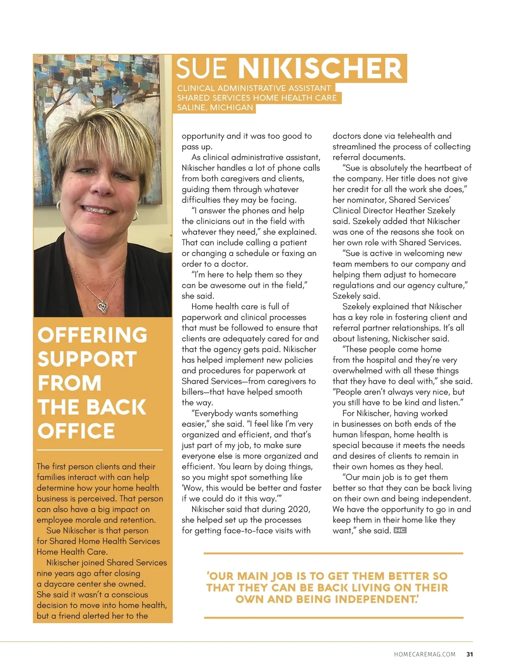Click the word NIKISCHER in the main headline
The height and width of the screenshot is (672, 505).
[x=320, y=69]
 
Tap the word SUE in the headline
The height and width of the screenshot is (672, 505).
[x=202, y=69]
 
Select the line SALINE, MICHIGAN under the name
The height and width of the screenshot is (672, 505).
[x=215, y=108]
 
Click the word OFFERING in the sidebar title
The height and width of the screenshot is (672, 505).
[x=93, y=335]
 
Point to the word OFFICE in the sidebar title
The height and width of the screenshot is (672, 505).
[x=76, y=431]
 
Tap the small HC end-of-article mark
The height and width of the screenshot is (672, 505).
[x=400, y=530]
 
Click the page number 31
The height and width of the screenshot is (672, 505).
[x=470, y=654]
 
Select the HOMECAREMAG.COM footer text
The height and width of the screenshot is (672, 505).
[x=425, y=654]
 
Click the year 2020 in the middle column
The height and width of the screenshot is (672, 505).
[x=299, y=509]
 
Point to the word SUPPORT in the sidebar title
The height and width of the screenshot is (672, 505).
[x=87, y=359]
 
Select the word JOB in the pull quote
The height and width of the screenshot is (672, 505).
[x=283, y=576]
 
